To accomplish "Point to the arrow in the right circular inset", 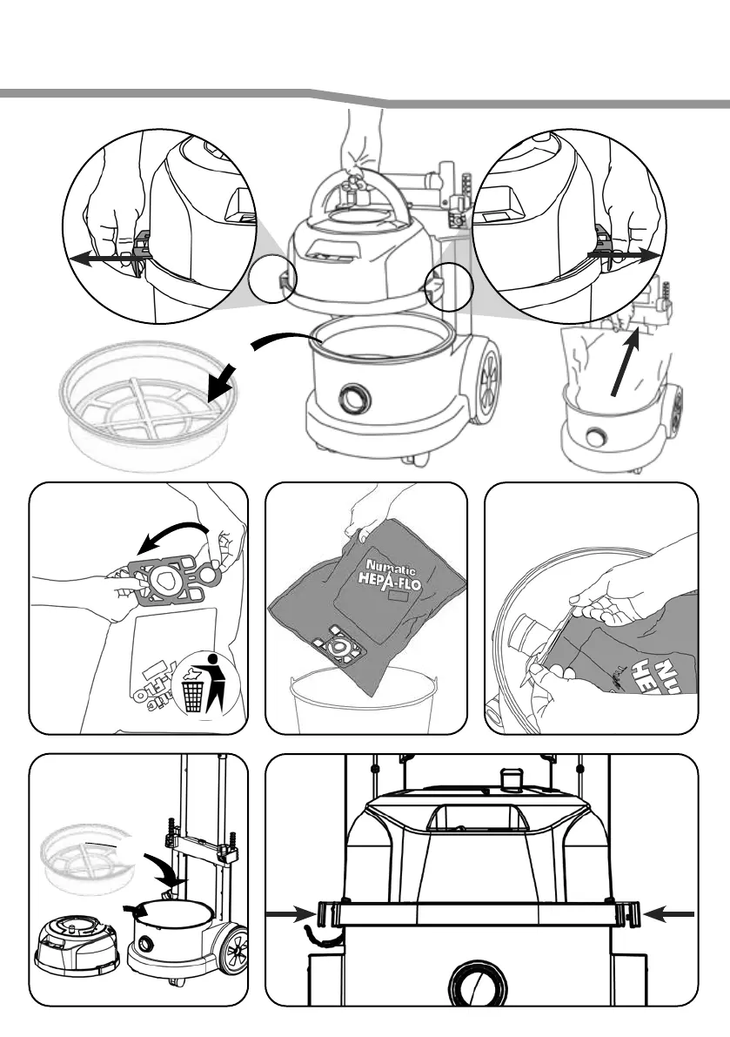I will click(x=622, y=253).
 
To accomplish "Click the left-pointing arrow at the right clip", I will click(x=670, y=913).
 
